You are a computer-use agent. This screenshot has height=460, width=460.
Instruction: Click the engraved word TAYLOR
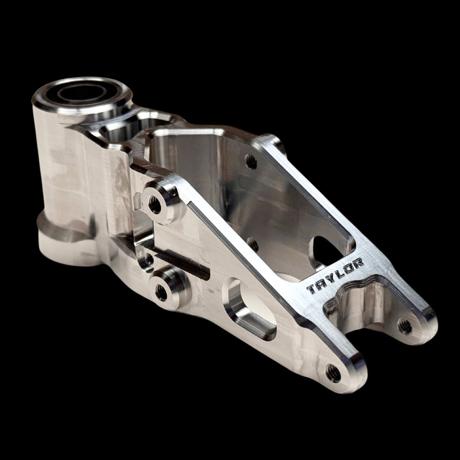click(335, 276)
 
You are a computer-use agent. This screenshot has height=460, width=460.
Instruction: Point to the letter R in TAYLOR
click(358, 263)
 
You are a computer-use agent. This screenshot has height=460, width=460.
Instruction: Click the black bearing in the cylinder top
click(81, 93)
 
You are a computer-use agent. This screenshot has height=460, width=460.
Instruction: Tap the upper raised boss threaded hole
click(155, 206)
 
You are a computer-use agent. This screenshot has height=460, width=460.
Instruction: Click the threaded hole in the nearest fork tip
click(333, 373)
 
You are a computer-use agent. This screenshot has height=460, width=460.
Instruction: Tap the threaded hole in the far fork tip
click(405, 326)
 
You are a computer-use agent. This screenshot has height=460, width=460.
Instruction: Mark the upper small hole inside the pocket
click(251, 161)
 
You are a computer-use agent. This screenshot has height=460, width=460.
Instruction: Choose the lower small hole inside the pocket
click(253, 244)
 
